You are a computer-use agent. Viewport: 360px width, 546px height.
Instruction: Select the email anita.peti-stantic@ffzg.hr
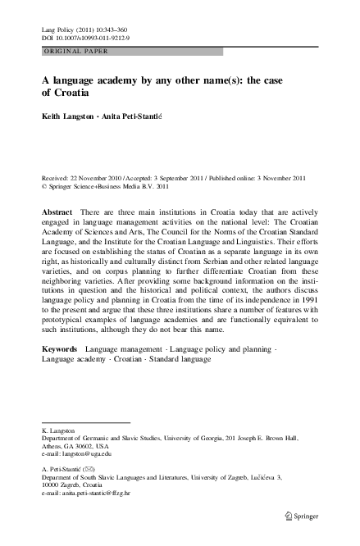pos(90,494)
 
